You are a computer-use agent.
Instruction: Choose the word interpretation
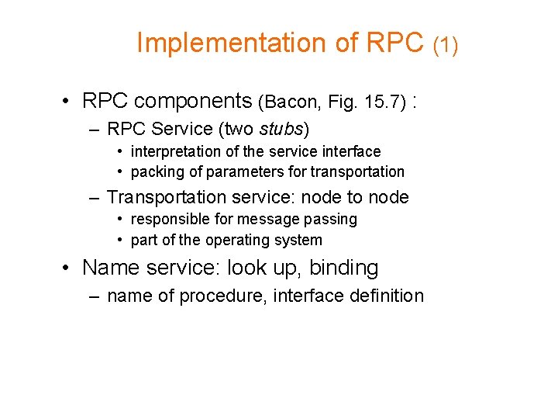point(174,151)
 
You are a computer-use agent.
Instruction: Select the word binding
point(343,268)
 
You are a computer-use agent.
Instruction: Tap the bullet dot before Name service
point(69,268)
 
